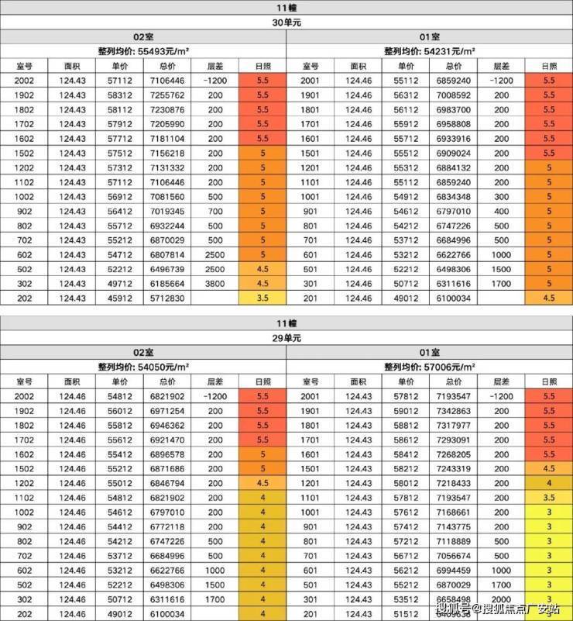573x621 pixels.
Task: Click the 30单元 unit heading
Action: (286, 22)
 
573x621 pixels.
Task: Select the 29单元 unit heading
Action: (286, 338)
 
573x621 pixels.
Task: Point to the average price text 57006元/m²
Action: (430, 366)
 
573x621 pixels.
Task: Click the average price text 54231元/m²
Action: (430, 51)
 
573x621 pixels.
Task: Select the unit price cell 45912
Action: (120, 298)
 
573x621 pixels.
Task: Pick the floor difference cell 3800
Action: (215, 284)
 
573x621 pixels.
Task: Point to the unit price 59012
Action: (406, 409)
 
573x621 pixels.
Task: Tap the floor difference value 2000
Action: (502, 599)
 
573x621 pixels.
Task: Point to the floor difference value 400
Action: (502, 211)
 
